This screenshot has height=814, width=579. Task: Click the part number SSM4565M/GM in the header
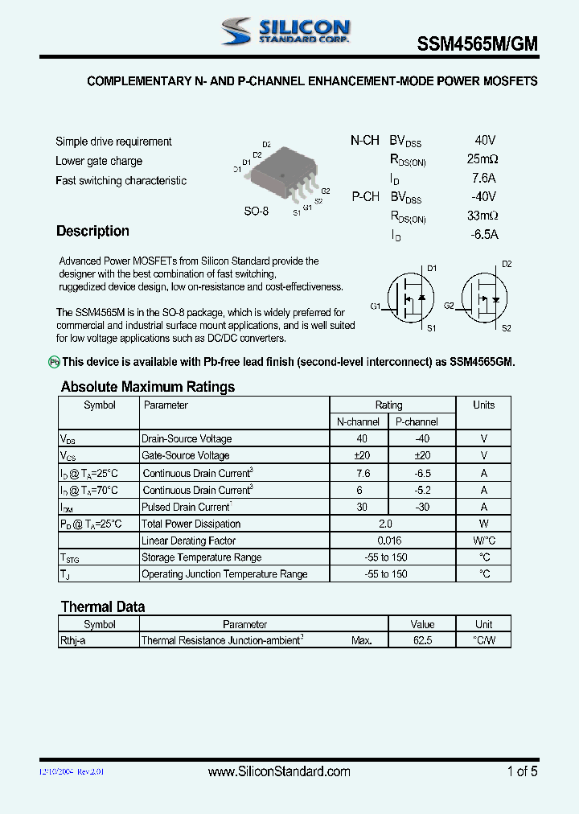[x=477, y=46]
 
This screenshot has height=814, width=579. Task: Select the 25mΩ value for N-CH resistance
[x=482, y=158]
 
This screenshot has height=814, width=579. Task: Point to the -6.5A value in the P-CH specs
[x=484, y=235]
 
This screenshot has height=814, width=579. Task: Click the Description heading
[x=92, y=231]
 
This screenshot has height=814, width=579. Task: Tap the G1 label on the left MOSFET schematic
[x=376, y=306]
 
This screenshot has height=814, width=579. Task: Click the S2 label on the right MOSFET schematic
[x=506, y=328]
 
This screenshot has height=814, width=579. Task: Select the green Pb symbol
[x=55, y=363]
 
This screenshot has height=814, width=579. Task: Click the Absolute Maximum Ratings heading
[x=148, y=387]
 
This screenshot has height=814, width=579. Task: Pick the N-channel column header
[x=358, y=421]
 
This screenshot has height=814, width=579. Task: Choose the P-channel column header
[x=417, y=421]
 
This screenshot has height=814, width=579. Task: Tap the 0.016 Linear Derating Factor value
[x=388, y=541]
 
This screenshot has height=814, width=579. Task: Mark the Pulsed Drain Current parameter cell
[x=187, y=507]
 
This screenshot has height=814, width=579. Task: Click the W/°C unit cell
[x=483, y=541]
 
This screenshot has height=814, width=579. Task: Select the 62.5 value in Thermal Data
[x=422, y=641]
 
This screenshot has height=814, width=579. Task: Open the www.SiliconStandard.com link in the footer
[x=279, y=771]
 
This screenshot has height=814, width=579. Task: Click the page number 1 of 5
[x=522, y=771]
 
